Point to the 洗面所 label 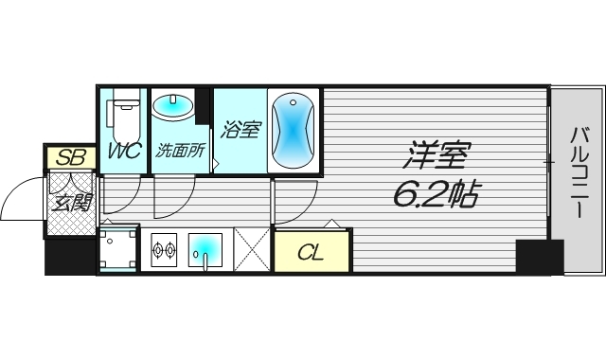pos(180,150)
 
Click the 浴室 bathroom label pos(240,130)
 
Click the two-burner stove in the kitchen pos(164,251)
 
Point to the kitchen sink pos(206,250)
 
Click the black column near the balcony pos(539,257)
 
